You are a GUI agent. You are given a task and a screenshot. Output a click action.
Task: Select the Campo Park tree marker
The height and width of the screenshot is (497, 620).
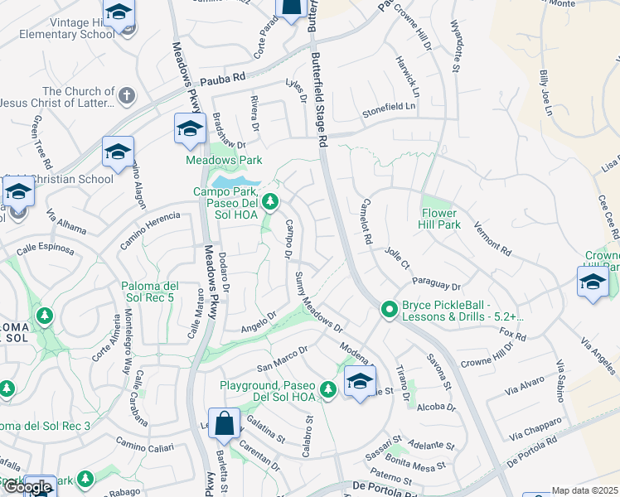pos(269,201)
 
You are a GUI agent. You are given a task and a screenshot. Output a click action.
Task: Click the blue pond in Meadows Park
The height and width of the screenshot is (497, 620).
pos(232,180)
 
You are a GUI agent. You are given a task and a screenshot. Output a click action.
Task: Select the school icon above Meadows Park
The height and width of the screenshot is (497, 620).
pos(190,128)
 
